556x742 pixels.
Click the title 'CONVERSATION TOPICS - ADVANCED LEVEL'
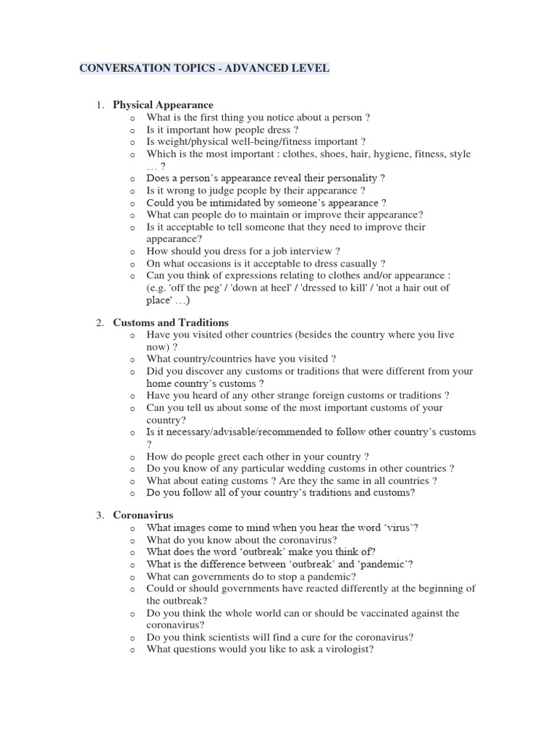204,69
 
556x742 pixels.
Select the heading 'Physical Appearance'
163,105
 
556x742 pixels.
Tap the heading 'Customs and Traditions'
171,322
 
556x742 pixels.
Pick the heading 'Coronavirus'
143,515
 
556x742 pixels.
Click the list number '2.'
101,322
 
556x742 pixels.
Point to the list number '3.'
101,515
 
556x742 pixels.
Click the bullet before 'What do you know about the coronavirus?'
132,540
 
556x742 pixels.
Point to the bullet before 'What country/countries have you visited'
132,359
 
